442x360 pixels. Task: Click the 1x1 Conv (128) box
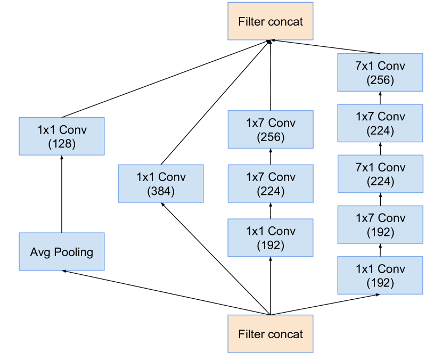pyautogui.click(x=62, y=137)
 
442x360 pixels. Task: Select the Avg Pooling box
pyautogui.click(x=62, y=252)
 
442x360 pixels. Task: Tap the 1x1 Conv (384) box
pyautogui.click(x=161, y=184)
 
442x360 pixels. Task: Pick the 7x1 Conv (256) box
pyautogui.click(x=380, y=73)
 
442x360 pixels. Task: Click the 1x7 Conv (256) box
pyautogui.click(x=271, y=129)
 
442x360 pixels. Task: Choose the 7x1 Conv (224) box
pyautogui.click(x=380, y=174)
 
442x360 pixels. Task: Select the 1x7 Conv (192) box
pyautogui.click(x=380, y=225)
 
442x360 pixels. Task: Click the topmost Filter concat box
pyautogui.click(x=271, y=21)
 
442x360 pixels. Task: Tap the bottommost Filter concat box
pyautogui.click(x=271, y=334)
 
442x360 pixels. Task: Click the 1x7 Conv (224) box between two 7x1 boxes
pyautogui.click(x=380, y=124)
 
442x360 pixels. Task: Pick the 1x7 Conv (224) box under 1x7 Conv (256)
pyautogui.click(x=271, y=184)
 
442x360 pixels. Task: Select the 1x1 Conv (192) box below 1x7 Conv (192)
pyautogui.click(x=380, y=275)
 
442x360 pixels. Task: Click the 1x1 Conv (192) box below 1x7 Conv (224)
pyautogui.click(x=271, y=238)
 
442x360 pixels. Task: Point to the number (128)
pyautogui.click(x=62, y=144)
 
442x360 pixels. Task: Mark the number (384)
pyautogui.click(x=161, y=191)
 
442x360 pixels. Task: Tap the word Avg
pyautogui.click(x=40, y=252)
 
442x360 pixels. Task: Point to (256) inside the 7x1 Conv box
pyautogui.click(x=380, y=80)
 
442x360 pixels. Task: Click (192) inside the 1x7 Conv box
pyautogui.click(x=380, y=232)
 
